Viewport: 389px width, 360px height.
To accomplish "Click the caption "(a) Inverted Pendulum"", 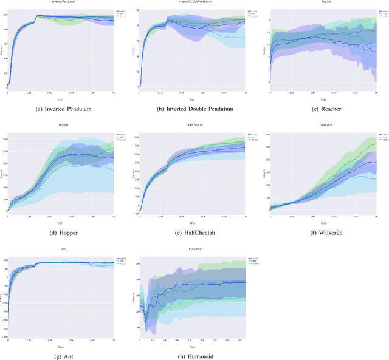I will pyautogui.click(x=60, y=109).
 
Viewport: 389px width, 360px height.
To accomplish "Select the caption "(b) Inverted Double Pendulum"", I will pyautogui.click(x=192, y=109).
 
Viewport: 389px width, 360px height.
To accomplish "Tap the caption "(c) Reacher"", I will pyautogui.click(x=323, y=109).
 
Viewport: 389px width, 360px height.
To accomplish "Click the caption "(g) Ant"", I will pyautogui.click(x=60, y=356).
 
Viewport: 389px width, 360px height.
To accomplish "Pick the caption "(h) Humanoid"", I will pyautogui.click(x=192, y=356).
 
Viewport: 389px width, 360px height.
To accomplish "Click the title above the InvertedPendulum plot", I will pyautogui.click(x=60, y=2).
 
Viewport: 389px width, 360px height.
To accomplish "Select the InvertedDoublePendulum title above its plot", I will pyautogui.click(x=192, y=2).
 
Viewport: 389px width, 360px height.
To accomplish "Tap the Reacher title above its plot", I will pyautogui.click(x=323, y=2).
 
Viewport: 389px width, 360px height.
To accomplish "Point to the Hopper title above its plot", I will pyautogui.click(x=60, y=125).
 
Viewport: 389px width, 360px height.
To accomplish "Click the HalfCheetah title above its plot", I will pyautogui.click(x=192, y=125).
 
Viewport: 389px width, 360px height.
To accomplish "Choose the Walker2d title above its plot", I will pyautogui.click(x=323, y=125).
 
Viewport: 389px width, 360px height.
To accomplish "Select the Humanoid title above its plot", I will pyautogui.click(x=192, y=248).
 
